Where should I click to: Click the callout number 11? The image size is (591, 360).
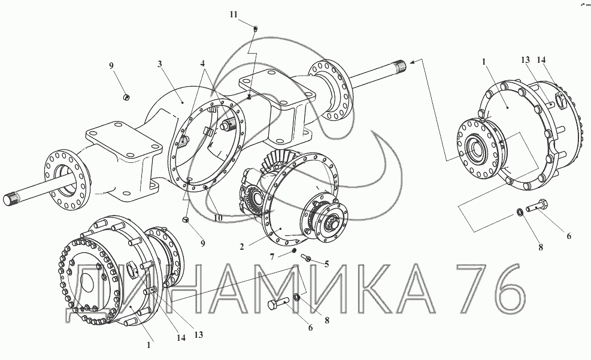pos(234,15)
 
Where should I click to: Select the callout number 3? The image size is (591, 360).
pos(160,64)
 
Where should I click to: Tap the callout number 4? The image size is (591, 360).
pos(203,62)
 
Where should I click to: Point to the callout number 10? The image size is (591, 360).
pos(218,218)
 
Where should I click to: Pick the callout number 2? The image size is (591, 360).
pos(241,247)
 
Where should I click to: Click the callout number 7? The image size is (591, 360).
pos(272,257)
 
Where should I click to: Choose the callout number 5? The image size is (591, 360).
pos(326,264)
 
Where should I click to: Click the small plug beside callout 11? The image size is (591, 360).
pos(255,29)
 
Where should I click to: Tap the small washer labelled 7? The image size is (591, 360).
pos(294,251)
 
